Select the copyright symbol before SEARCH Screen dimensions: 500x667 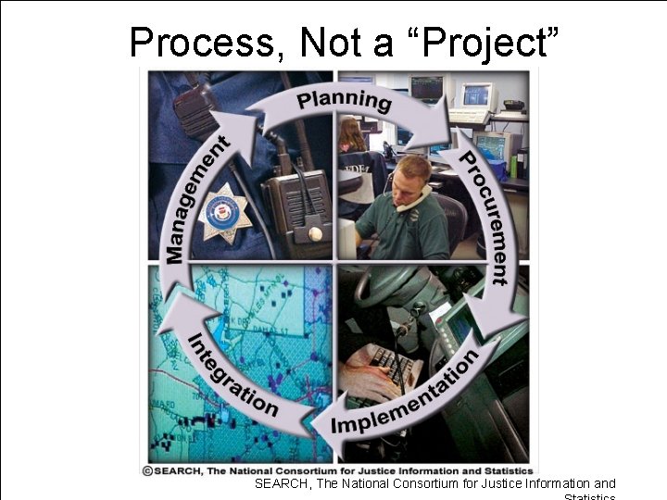(x=147, y=469)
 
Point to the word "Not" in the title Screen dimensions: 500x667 (x=326, y=43)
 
